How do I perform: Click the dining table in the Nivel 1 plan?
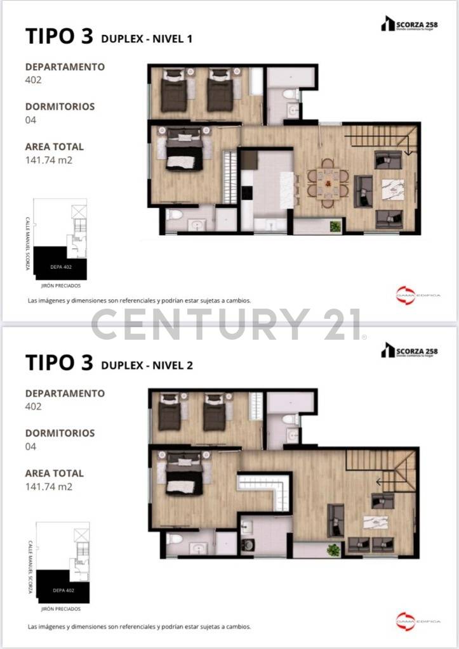click(x=328, y=183)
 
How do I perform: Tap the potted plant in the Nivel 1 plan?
click(x=335, y=225)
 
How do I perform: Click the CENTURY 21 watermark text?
click(x=227, y=324)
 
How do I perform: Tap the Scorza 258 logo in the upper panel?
click(x=409, y=24)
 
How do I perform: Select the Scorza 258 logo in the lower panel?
click(x=409, y=350)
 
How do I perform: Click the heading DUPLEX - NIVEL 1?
click(x=146, y=39)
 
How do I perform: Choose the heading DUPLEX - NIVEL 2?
click(x=146, y=365)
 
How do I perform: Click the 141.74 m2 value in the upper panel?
click(x=49, y=160)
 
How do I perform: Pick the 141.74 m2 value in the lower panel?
click(x=49, y=487)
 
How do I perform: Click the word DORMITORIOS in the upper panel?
click(x=60, y=106)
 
